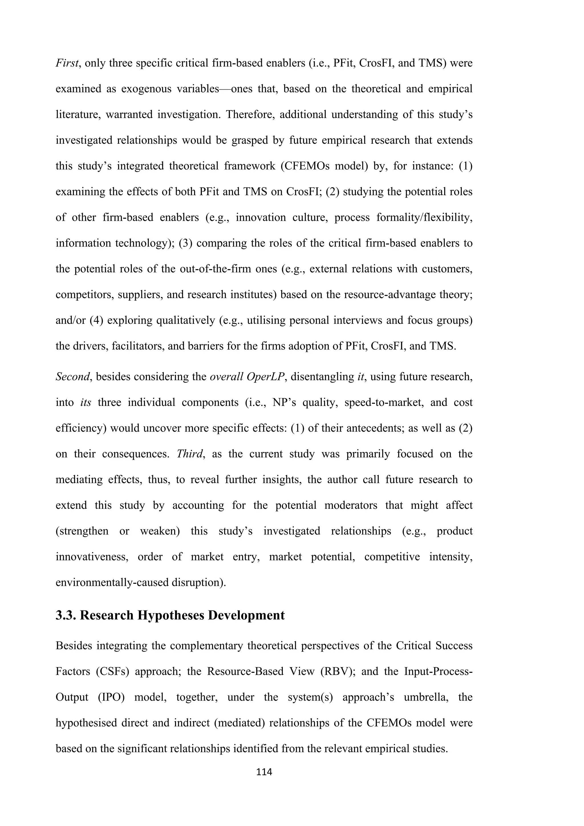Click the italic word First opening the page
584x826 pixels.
tap(67, 63)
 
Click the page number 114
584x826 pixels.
tap(264, 772)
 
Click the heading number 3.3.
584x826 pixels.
tap(66, 615)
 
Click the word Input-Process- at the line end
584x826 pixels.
tap(438, 671)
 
